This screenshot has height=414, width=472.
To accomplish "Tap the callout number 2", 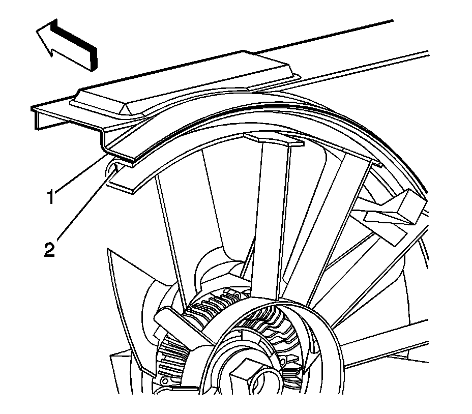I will click(x=50, y=251).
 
